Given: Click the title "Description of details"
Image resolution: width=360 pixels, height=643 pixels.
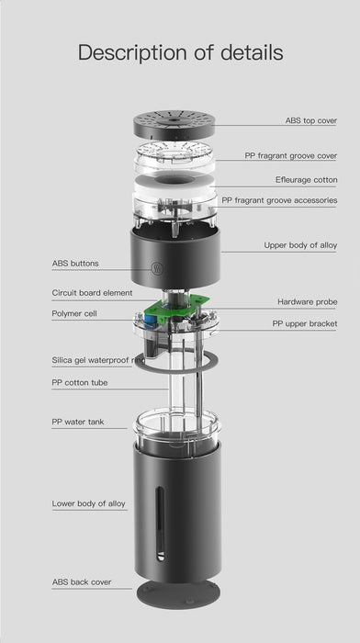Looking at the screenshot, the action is point(180,53).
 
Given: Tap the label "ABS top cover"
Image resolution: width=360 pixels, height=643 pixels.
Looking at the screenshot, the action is point(310,120).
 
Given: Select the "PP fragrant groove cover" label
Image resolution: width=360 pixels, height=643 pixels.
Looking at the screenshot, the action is point(291,156).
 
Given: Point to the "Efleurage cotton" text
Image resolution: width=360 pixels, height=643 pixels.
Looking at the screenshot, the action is point(307,180).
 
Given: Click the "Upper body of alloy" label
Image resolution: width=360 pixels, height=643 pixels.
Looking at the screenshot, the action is point(300,245).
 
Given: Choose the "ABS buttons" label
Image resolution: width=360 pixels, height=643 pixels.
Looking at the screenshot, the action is point(75,264).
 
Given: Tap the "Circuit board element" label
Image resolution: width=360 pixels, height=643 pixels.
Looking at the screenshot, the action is point(92,293).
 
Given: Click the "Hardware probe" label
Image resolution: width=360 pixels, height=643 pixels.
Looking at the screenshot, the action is point(307,302).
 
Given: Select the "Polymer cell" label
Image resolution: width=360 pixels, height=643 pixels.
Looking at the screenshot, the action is point(74,314).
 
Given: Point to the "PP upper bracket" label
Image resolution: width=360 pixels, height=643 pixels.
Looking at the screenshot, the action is point(305,323).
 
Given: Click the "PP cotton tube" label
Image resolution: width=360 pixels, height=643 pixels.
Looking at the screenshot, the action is point(80,383).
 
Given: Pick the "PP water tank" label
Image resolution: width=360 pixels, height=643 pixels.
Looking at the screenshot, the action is point(78,422).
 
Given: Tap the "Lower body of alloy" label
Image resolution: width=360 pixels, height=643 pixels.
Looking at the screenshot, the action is point(88,503).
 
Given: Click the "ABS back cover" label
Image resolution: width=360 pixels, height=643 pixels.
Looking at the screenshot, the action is point(82,582).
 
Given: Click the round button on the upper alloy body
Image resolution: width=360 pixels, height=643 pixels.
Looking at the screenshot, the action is point(157,268).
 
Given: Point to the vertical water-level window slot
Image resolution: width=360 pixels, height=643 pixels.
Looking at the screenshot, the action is point(161,524).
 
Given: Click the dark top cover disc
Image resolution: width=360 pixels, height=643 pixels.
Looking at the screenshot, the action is point(174,124).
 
